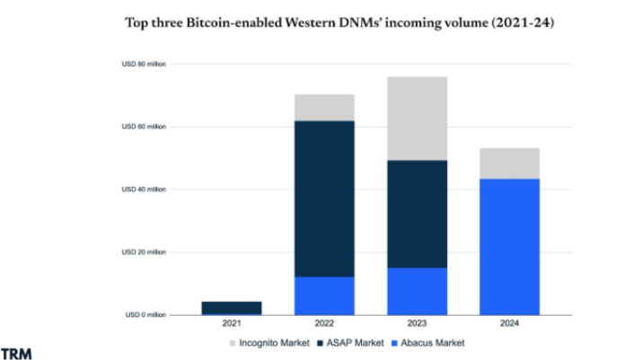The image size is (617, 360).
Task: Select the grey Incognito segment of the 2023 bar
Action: pos(418,119)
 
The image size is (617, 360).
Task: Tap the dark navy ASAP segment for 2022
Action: pos(324,198)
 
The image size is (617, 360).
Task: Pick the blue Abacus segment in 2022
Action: pos(324,295)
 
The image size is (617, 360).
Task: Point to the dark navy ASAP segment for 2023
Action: pos(418,214)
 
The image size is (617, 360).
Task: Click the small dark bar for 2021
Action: pos(232,307)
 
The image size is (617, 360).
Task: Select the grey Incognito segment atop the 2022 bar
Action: pos(324,108)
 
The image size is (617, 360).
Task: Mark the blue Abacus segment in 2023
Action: pos(418,291)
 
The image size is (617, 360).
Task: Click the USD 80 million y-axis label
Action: pos(145,65)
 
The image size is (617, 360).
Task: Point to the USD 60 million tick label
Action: pos(145,127)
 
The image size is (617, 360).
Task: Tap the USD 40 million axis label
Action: pos(145,189)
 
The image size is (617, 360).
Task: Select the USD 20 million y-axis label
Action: pos(145,252)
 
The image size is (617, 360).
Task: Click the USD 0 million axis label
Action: pos(146,315)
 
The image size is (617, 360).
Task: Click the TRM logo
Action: pos(16,352)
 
